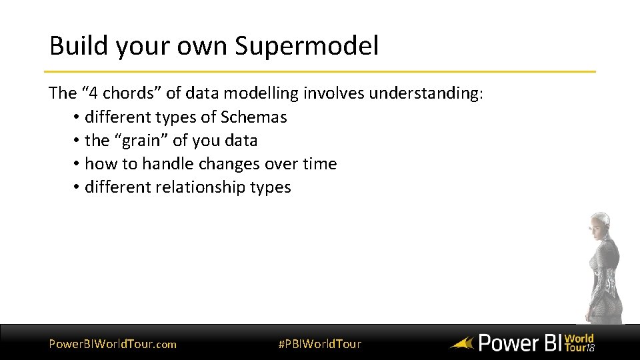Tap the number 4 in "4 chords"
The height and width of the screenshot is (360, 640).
click(97, 93)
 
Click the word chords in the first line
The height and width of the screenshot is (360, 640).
click(129, 93)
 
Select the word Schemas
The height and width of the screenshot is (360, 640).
click(254, 117)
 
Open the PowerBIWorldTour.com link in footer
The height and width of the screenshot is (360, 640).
click(113, 344)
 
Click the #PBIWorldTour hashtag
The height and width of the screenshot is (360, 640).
click(319, 344)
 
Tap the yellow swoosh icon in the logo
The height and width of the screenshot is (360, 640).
click(461, 344)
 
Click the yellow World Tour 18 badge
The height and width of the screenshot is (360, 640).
click(579, 343)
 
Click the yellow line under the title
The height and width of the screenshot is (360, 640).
click(320, 71)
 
